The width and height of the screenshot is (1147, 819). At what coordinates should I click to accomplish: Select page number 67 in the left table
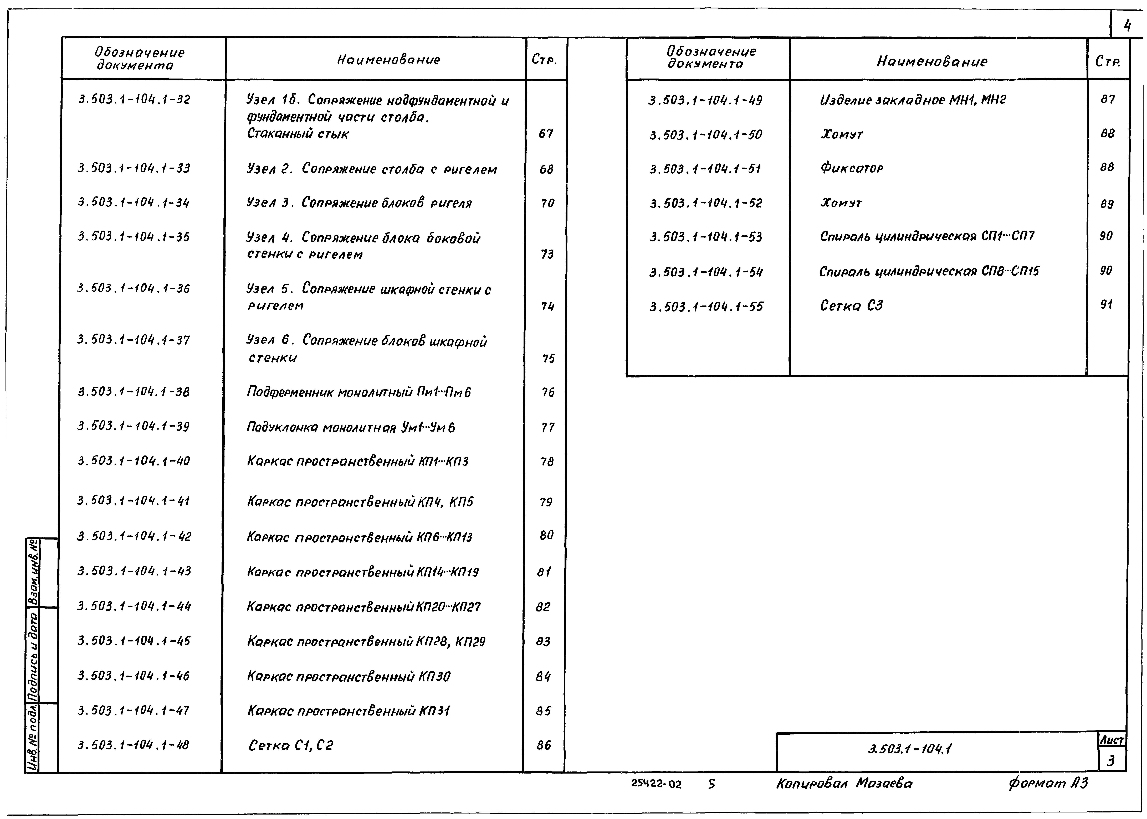546,134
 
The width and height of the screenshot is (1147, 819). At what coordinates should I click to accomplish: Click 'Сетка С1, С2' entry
291,745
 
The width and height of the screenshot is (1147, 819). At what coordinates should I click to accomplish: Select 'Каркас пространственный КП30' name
349,676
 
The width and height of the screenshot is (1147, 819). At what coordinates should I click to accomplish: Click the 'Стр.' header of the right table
1108,62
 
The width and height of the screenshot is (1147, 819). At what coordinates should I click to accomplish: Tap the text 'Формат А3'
1048,783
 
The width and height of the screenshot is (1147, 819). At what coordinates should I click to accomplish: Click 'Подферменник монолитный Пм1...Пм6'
359,392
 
